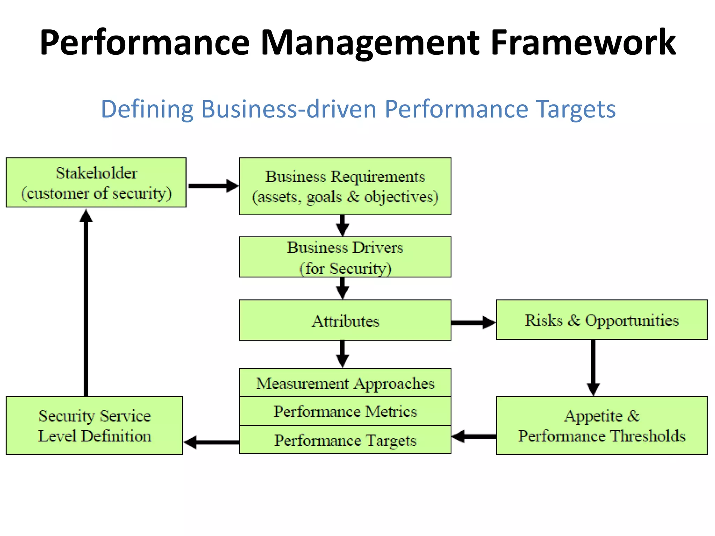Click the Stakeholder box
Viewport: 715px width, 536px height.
(96, 183)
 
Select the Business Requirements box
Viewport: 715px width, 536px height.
(345, 186)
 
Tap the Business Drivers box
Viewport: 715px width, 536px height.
(345, 257)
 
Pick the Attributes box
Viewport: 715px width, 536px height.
(345, 320)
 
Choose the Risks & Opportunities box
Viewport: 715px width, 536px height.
(602, 320)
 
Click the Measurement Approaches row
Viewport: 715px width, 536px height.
(345, 383)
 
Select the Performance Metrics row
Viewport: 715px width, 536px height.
(345, 411)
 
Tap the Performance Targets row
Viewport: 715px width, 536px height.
(345, 440)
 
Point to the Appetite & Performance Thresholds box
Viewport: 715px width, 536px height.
(602, 425)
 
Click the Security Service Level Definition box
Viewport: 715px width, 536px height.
(94, 425)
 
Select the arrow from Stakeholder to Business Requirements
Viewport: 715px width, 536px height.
(213, 186)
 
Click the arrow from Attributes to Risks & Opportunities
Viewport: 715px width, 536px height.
(473, 322)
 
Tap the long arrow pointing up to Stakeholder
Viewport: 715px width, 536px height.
(86, 304)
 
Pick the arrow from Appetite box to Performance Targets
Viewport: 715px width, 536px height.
(474, 437)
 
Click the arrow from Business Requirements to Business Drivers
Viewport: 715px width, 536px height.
(342, 225)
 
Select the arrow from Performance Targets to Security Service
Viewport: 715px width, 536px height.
(211, 442)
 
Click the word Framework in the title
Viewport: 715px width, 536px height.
(583, 43)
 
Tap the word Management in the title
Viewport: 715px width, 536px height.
(370, 43)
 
